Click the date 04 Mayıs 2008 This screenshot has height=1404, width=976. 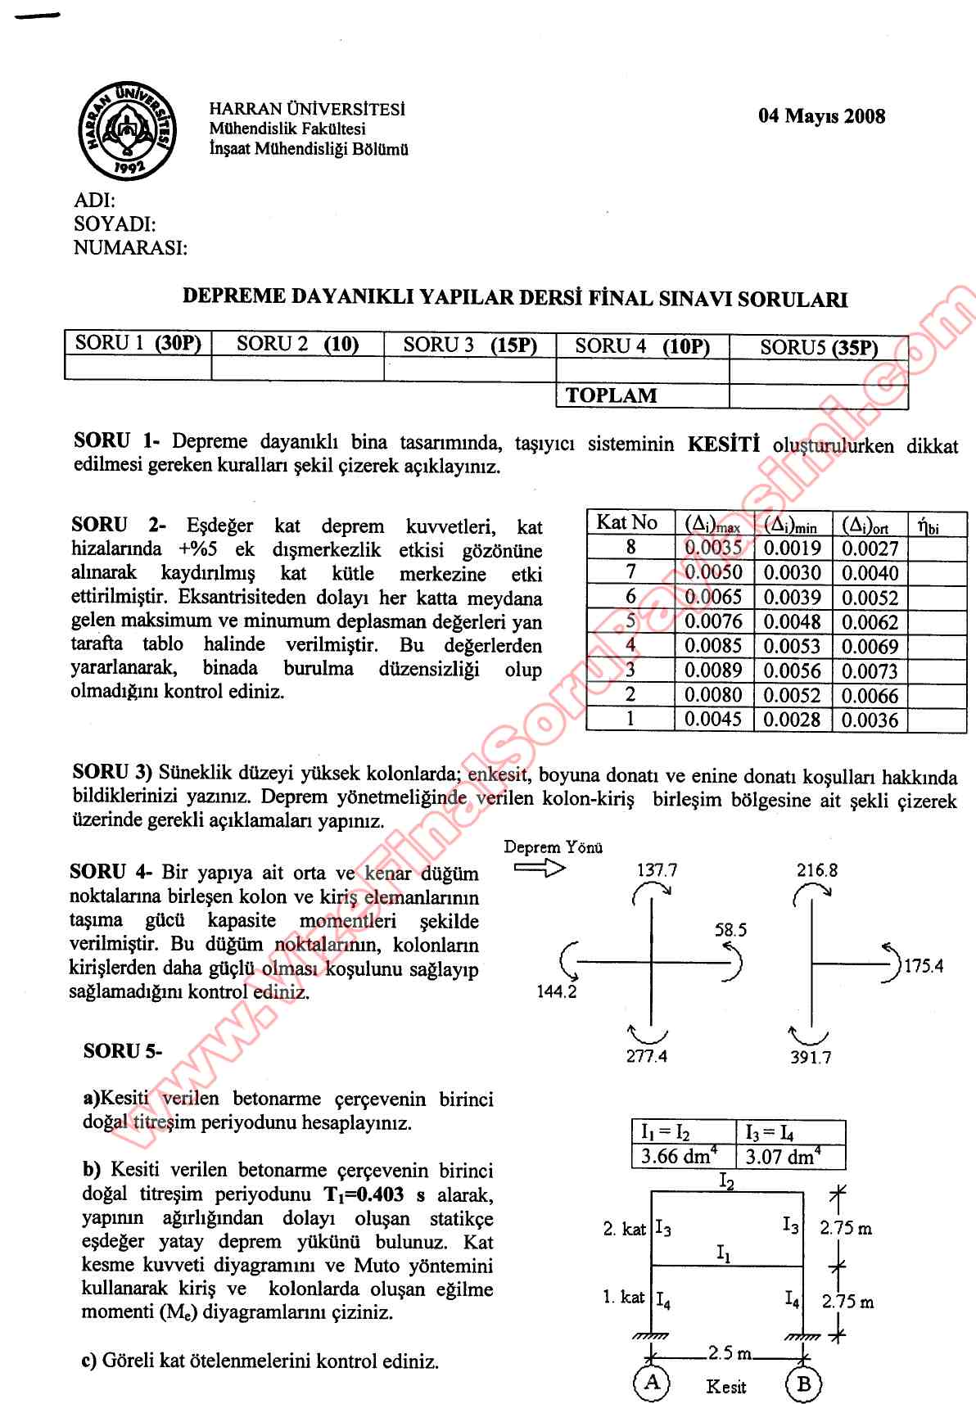coord(821,116)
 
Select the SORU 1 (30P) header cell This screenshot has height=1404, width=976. coord(138,344)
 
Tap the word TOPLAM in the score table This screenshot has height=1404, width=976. coord(611,395)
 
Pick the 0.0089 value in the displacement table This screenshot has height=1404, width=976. coord(713,670)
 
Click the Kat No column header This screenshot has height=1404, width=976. coord(626,522)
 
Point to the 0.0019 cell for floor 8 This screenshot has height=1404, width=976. coord(792,549)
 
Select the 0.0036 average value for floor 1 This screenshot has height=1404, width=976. coord(870,720)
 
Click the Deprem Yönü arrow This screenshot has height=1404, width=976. coord(539,868)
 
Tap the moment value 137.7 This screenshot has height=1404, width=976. coord(657,870)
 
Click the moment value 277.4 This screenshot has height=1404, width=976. coord(646,1056)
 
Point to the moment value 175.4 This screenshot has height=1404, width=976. coord(924,966)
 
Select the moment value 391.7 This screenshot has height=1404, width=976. coord(811,1057)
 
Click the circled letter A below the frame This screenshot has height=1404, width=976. coord(652,1383)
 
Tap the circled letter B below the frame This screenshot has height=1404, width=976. coord(803,1384)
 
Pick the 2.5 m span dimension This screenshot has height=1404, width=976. coord(726,1352)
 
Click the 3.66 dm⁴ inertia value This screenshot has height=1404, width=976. coord(679,1157)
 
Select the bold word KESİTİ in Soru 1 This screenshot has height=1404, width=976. coord(723,445)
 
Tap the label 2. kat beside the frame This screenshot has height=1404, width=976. coord(624,1228)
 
